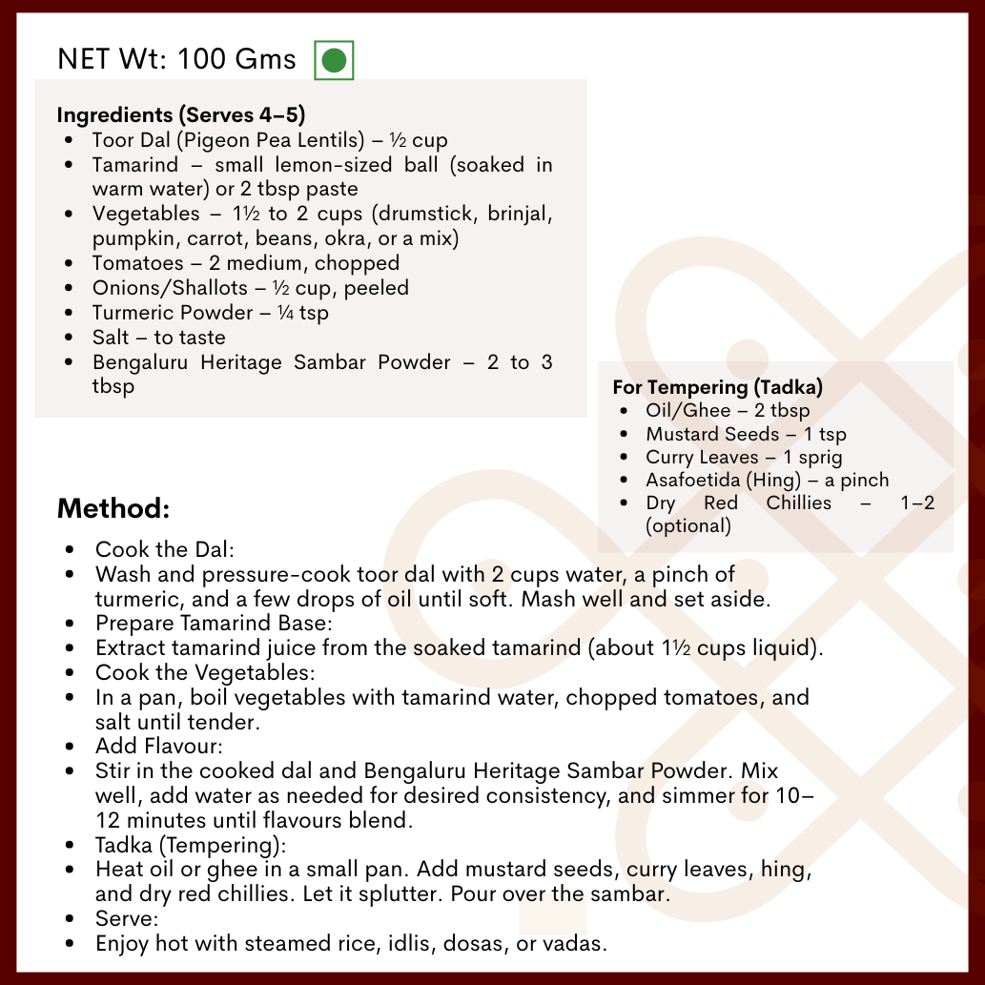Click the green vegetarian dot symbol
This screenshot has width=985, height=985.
point(334,60)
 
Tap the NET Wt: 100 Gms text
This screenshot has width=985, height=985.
point(177,59)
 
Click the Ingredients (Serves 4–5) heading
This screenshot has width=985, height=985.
point(181,115)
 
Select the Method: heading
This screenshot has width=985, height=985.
point(113,507)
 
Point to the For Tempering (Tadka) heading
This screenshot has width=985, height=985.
point(718,387)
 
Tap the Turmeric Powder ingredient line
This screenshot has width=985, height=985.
point(211,313)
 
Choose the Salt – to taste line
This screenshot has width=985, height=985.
point(159,338)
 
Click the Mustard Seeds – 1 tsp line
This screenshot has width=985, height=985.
point(746,434)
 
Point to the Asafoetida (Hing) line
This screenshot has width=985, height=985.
point(767,480)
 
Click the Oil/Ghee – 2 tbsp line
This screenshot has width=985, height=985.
point(728,411)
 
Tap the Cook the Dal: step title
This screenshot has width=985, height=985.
point(165,550)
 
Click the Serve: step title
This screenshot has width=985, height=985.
point(127,919)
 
